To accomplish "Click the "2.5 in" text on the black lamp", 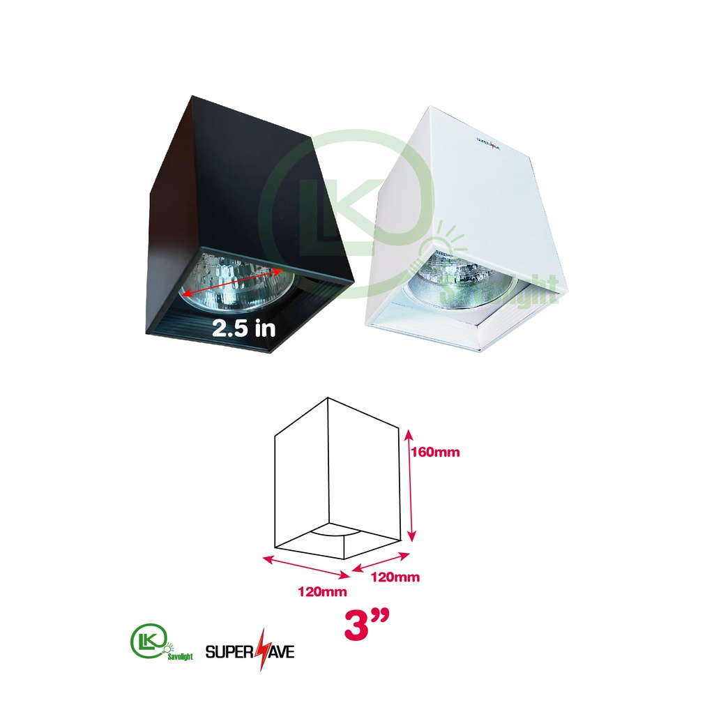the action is coord(244,328).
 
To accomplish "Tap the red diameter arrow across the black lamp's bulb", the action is coord(232,282).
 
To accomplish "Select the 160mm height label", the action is coord(435,452).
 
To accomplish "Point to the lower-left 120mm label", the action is coord(322,591).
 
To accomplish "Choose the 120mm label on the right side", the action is coord(395,577).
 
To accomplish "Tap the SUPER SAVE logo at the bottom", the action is coord(250,651).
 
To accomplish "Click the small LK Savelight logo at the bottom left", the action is coord(162,642).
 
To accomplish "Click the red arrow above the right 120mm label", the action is coord(381,561).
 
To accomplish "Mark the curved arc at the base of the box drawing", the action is coord(336,531).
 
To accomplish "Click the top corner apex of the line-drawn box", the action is coord(328,398).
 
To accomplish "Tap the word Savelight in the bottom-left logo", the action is coord(181,656).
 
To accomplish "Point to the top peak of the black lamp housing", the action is coord(192,96).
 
